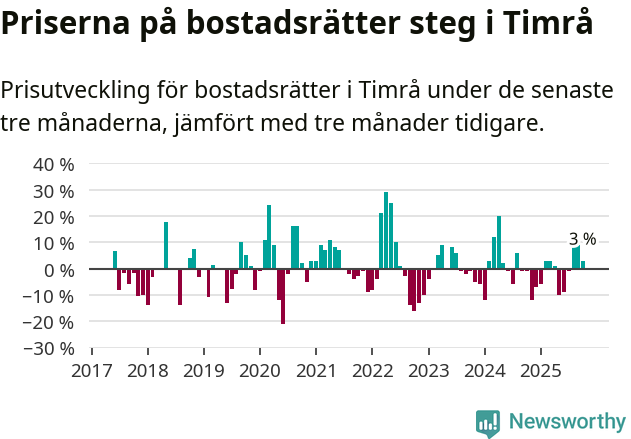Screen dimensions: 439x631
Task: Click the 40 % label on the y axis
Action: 54,164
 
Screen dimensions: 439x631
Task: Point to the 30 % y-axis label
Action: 54,190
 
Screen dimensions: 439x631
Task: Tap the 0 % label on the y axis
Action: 59,269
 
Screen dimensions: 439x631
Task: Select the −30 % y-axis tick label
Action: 50,348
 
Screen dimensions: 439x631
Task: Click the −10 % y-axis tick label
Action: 50,296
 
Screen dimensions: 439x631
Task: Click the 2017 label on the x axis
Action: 92,370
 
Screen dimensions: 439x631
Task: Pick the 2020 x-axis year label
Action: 260,370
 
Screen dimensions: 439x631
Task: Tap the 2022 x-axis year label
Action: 372,370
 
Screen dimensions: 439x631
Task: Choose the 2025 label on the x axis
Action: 540,370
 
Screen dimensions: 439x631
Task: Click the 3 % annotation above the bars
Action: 582,239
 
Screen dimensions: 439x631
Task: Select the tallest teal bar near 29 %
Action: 386,230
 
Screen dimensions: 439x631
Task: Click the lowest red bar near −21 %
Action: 283,296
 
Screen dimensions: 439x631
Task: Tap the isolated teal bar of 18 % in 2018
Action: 166,245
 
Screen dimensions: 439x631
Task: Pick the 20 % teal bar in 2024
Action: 498,242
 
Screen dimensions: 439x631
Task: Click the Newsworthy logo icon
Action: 488,423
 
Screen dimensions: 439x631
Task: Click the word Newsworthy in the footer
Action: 566,423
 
